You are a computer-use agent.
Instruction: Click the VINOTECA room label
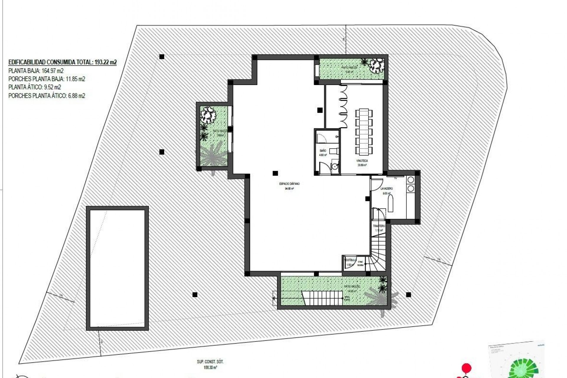362,161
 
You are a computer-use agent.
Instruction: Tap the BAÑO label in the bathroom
323,151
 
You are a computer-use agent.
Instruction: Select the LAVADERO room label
387,188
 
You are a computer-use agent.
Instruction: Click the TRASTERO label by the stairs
379,226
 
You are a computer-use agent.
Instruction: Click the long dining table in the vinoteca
364,132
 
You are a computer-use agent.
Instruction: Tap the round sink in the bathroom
335,167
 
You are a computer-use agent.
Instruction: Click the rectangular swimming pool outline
117,268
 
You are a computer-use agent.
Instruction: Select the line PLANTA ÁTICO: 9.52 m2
35,87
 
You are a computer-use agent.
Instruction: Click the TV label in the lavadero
396,178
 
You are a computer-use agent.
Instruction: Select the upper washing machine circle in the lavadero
411,180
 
